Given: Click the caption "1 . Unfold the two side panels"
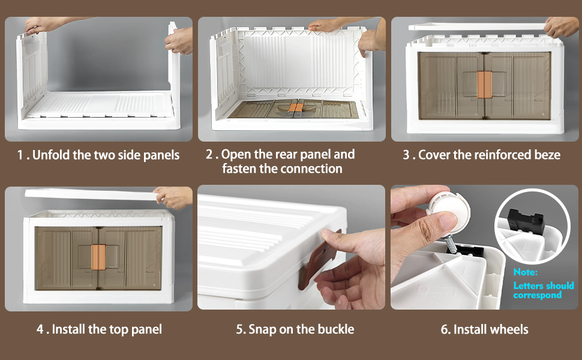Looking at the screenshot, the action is [98, 155].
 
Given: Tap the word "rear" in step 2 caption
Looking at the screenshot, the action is [284, 154].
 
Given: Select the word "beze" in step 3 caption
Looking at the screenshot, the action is [547, 155].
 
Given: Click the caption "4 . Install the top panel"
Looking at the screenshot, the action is [99, 329].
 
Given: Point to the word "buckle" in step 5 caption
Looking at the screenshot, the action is [335, 329].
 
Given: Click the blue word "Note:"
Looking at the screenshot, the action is [525, 272].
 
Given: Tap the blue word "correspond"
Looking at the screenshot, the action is [537, 295].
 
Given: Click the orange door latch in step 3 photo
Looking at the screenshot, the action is [484, 85].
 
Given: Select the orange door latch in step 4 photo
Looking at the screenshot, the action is [98, 257].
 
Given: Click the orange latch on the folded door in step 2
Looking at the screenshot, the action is [295, 107].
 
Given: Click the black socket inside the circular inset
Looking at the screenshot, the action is [526, 221].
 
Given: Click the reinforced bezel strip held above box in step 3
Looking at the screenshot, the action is [477, 27].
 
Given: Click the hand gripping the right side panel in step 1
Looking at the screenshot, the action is [179, 40].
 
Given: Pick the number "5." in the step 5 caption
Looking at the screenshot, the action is [241, 329].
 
